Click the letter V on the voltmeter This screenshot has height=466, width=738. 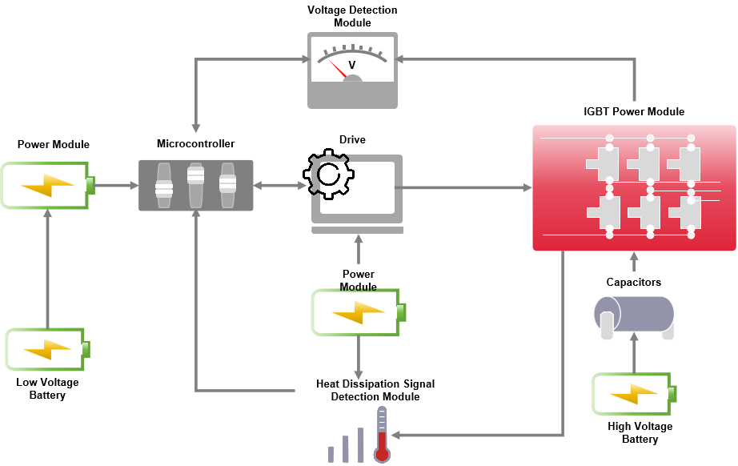[351, 65]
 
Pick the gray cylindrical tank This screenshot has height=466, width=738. [634, 315]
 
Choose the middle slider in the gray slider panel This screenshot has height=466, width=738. [196, 185]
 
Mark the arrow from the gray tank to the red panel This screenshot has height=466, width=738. [634, 262]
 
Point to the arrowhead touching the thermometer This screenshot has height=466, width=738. [395, 436]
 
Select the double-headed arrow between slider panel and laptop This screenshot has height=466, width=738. [282, 186]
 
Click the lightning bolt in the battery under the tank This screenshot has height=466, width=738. [633, 394]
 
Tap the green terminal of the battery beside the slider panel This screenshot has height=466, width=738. [90, 185]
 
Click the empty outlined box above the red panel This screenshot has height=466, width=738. [634, 111]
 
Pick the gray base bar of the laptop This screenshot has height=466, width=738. [358, 230]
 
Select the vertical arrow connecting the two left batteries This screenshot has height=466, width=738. [47, 267]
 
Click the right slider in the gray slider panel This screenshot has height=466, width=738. [228, 185]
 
